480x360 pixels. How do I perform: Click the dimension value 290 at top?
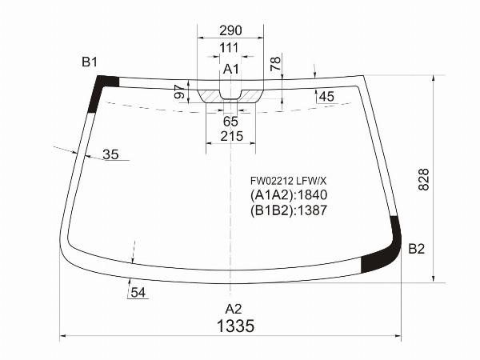click(230, 31)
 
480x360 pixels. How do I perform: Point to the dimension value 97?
click(179, 92)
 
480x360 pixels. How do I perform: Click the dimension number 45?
click(326, 97)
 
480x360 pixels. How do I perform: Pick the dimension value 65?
click(230, 122)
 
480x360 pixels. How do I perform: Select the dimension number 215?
click(230, 137)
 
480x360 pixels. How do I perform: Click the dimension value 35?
click(110, 154)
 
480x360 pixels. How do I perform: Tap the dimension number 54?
click(138, 293)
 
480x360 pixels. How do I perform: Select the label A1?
click(231, 70)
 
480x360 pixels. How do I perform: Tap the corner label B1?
click(89, 62)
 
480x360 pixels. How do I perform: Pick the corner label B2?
click(416, 249)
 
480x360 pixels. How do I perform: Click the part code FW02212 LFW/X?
click(287, 181)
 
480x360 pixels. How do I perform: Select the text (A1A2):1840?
click(289, 195)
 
